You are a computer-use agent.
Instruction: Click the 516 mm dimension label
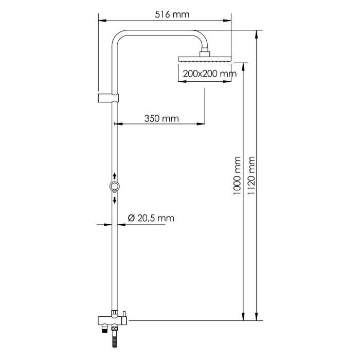point(172,14)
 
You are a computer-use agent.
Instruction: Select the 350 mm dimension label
point(161,118)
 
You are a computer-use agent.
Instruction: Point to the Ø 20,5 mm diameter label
point(150,219)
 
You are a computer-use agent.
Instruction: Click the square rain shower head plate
point(204,59)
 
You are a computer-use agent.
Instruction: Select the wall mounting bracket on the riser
point(108,98)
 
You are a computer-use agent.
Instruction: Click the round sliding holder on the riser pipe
point(114,186)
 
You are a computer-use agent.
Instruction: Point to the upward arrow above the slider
point(114,176)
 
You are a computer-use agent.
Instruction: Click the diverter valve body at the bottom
point(111,321)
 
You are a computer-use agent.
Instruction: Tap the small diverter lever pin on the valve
point(123,314)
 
